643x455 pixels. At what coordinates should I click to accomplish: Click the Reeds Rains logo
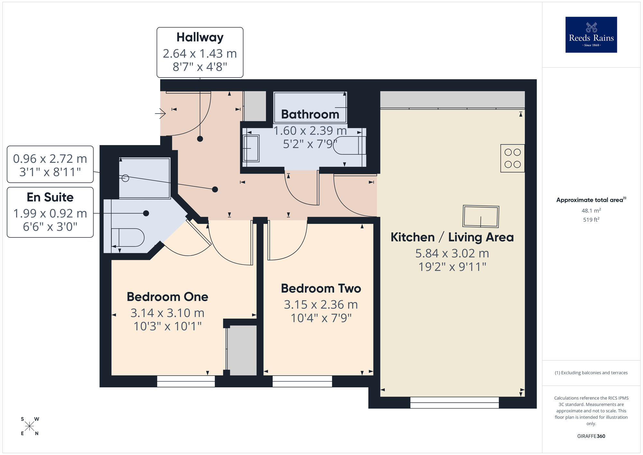[591, 35]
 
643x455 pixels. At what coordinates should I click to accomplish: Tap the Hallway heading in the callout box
[200, 37]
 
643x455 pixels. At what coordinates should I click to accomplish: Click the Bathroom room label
[310, 114]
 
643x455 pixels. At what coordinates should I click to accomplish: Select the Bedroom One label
[167, 297]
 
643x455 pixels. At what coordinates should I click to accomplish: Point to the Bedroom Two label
[321, 288]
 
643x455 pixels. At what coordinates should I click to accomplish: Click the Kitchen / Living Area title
[452, 237]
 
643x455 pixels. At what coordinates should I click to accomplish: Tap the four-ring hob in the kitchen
[512, 158]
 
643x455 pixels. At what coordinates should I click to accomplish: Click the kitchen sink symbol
[481, 217]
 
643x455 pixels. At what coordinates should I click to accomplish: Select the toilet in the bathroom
[349, 145]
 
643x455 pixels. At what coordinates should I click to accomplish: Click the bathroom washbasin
[251, 148]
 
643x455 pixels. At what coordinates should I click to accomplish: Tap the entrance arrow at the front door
[160, 113]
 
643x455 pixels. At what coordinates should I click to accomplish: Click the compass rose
[30, 426]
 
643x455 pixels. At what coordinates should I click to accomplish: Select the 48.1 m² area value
[591, 210]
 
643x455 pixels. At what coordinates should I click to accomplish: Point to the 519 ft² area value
[591, 220]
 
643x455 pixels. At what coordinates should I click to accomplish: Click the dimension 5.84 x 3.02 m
[452, 254]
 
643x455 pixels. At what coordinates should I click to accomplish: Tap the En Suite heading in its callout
[50, 197]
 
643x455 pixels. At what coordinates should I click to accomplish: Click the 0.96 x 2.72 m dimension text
[50, 159]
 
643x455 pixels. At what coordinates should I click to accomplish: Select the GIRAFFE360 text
[591, 436]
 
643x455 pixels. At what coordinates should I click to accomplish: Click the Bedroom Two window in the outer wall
[302, 381]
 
